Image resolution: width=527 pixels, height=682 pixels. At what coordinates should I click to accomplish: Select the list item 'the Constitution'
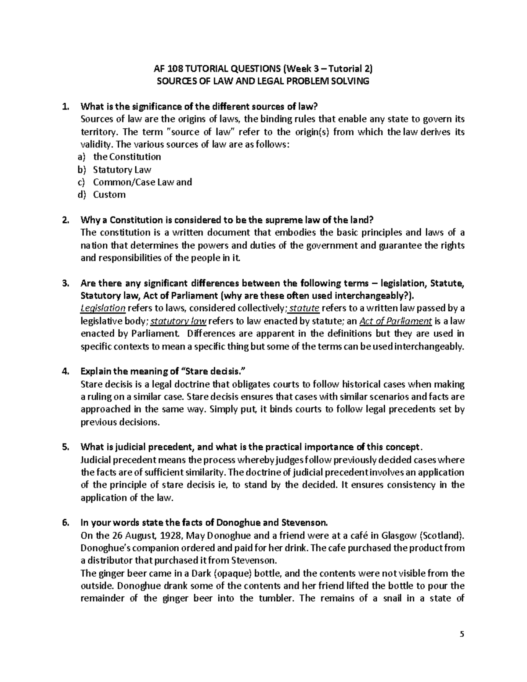(127, 157)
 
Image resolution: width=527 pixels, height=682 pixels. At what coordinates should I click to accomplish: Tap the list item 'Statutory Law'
(122, 170)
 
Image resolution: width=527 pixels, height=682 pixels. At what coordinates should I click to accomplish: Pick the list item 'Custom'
(109, 195)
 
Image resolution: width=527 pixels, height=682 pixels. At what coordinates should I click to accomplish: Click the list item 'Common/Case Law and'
(142, 182)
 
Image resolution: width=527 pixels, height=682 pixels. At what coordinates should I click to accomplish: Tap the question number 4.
(65, 372)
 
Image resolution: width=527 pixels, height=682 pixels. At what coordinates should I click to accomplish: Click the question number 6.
(65, 523)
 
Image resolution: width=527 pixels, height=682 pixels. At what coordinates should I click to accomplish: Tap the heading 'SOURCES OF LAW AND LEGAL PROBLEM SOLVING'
(263, 81)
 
